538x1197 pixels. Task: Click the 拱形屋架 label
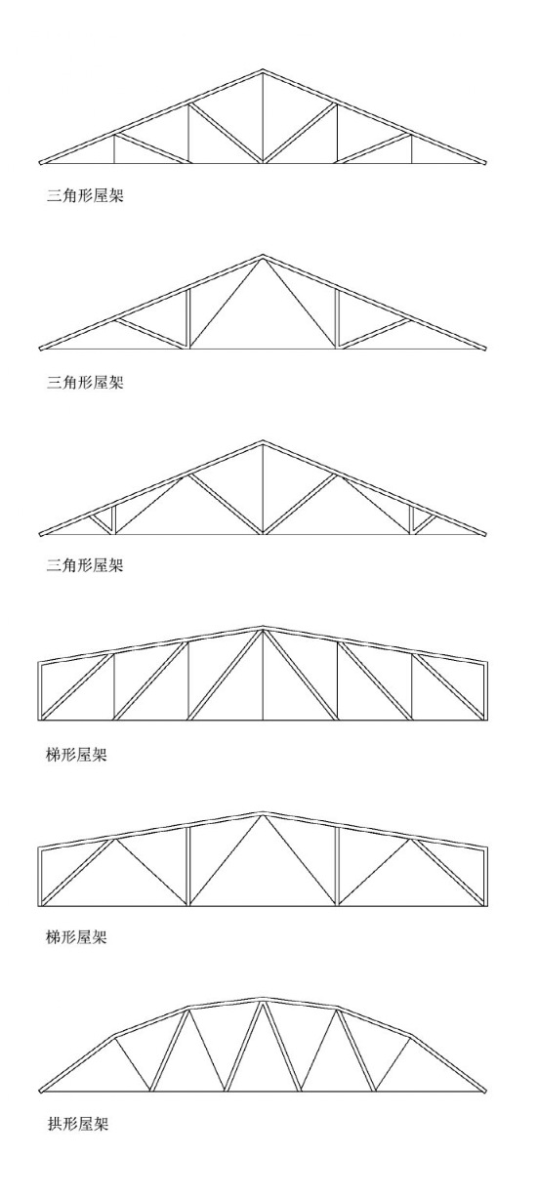77,1123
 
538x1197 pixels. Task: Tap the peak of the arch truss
263,999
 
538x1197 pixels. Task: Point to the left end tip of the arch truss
40,1091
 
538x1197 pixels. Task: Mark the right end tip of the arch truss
485,1091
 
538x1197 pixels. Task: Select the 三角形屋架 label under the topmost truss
85,197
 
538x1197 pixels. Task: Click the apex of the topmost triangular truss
263,70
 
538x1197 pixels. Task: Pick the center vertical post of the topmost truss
263,117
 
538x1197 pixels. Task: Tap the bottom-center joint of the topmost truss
263,162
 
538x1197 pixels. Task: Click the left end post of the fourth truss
40,690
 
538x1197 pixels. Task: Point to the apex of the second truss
263,256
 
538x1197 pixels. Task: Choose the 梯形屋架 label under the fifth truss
77,937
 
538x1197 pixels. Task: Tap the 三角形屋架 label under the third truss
85,566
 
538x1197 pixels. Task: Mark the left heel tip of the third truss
40,534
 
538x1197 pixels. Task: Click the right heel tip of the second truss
485,349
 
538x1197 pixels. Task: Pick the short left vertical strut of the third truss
114,519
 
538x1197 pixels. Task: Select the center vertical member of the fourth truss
263,676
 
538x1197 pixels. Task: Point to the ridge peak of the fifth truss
263,813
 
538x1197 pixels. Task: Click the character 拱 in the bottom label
55,1123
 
